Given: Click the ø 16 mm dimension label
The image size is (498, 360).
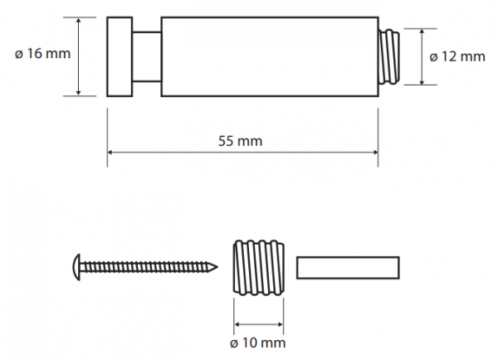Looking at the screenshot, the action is coord(42,54).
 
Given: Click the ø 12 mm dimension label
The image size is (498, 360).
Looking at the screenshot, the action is coord(457,57).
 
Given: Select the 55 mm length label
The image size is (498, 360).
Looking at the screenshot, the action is coord(241,141).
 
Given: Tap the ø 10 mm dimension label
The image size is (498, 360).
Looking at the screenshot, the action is coord(258,343).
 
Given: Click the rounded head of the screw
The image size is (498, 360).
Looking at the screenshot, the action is coord(76,267).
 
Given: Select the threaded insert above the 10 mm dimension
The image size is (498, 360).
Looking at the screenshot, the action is coord(258,268).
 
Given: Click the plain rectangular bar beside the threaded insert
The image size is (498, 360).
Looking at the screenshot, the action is coord(348,268).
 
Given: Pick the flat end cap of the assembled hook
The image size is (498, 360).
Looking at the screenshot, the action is coord(120,56).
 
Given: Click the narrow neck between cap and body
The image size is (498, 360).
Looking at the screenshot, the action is coord(147,56).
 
